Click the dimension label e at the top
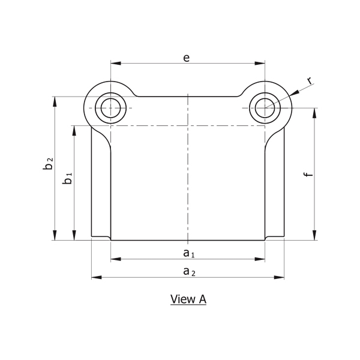[187, 58]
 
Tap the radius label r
[310, 80]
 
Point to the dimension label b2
[48, 163]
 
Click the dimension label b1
[67, 178]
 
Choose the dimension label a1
[189, 253]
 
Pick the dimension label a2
[190, 272]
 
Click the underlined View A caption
[188, 299]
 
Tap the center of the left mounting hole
[110, 108]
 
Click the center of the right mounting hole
[265, 108]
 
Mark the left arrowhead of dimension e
[116, 63]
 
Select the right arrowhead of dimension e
[260, 63]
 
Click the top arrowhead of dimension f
[314, 113]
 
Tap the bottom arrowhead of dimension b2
[55, 235]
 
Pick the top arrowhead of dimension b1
[74, 131]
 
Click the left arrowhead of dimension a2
[97, 277]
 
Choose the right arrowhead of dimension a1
[260, 259]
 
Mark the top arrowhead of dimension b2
[55, 102]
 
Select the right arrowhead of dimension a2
[279, 277]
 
